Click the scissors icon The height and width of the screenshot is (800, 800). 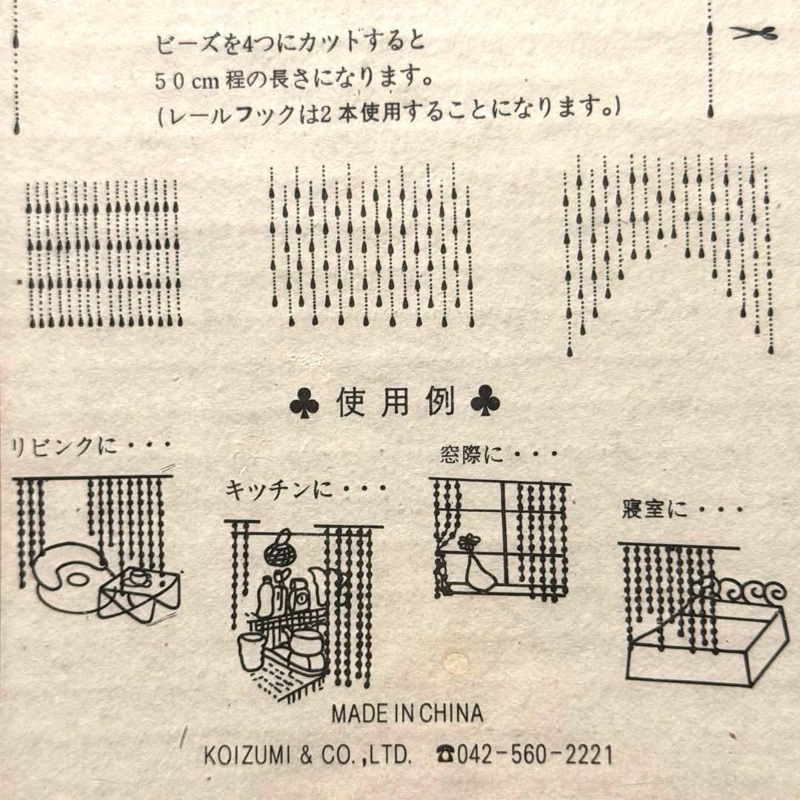pos(753,33)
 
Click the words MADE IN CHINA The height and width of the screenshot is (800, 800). pos(407,713)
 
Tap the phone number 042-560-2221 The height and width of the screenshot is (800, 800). pos(535,755)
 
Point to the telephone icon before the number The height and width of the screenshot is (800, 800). pos(446,755)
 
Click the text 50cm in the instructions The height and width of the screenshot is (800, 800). pos(184,80)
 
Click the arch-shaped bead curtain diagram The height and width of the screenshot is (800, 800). pos(667,244)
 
